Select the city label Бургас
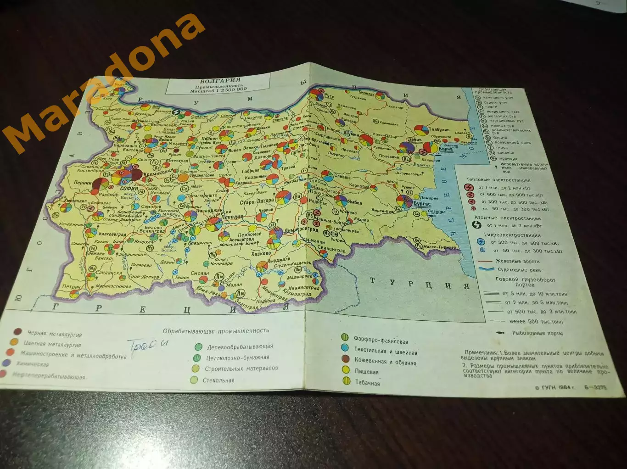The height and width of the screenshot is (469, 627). (422, 204)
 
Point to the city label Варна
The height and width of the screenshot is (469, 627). (445, 149)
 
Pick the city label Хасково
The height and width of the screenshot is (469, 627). (261, 253)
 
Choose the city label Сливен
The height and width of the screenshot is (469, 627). (342, 177)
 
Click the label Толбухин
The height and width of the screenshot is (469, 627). (439, 130)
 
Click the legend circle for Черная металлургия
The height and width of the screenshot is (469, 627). (17, 332)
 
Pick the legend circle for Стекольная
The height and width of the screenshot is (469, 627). (194, 380)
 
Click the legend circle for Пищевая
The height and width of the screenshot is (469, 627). (346, 370)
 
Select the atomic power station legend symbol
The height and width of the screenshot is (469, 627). (477, 225)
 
